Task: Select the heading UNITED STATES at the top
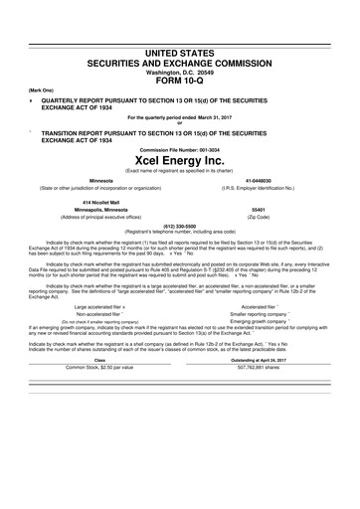point(180,23)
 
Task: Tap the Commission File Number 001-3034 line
point(180,142)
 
